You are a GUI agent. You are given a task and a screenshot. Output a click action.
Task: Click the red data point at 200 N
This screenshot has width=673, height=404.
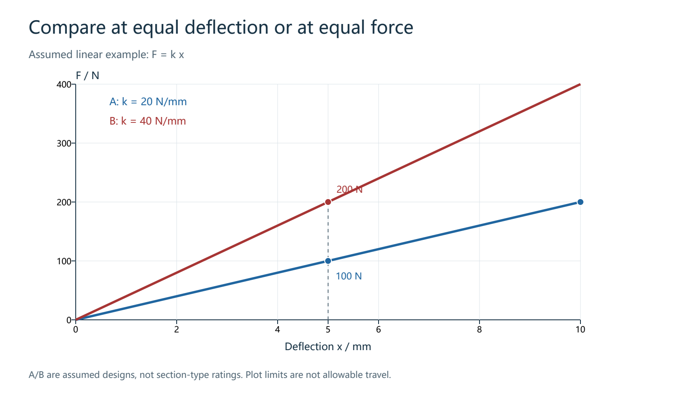(328, 202)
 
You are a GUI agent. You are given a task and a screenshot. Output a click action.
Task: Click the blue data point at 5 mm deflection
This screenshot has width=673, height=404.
(328, 261)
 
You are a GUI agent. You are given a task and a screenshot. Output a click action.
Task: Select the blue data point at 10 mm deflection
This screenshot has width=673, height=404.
(580, 202)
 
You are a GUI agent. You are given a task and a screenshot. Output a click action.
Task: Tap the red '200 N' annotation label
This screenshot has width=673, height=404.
(350, 189)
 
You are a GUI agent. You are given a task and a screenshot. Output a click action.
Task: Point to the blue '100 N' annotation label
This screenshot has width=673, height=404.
(349, 276)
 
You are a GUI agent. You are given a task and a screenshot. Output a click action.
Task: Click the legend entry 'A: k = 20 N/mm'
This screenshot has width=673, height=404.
(148, 101)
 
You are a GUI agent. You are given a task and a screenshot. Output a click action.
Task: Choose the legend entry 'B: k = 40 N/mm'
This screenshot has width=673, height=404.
(148, 121)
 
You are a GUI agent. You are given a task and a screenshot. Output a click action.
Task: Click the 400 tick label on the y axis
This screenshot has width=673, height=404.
(64, 85)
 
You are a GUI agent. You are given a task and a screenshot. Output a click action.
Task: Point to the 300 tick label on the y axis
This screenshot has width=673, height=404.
(64, 144)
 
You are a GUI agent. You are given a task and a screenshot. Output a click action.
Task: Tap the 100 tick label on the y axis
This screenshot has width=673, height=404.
(64, 261)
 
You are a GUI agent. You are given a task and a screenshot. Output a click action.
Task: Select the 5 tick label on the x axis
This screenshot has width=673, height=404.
(328, 330)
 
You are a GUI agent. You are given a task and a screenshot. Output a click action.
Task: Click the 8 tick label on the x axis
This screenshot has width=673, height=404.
(480, 330)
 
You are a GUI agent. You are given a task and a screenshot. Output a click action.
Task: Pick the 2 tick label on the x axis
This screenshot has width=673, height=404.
(177, 330)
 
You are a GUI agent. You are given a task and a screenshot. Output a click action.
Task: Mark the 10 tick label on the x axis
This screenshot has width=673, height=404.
(580, 330)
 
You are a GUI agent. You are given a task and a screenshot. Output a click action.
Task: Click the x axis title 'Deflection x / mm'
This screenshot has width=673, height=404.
(328, 347)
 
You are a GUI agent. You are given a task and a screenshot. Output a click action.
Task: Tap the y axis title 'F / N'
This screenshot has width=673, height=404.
(87, 75)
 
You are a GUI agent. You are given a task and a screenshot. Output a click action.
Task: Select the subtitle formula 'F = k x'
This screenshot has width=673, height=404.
(168, 54)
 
